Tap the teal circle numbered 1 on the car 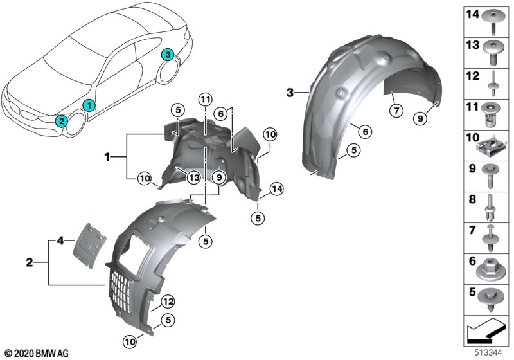coord(89,104)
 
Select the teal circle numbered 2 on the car coord(61,120)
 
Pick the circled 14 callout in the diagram coord(276,188)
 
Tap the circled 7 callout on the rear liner coord(396,111)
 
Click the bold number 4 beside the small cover coord(60,241)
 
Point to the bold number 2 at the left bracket coord(30,262)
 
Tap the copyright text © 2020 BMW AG coord(37,353)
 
